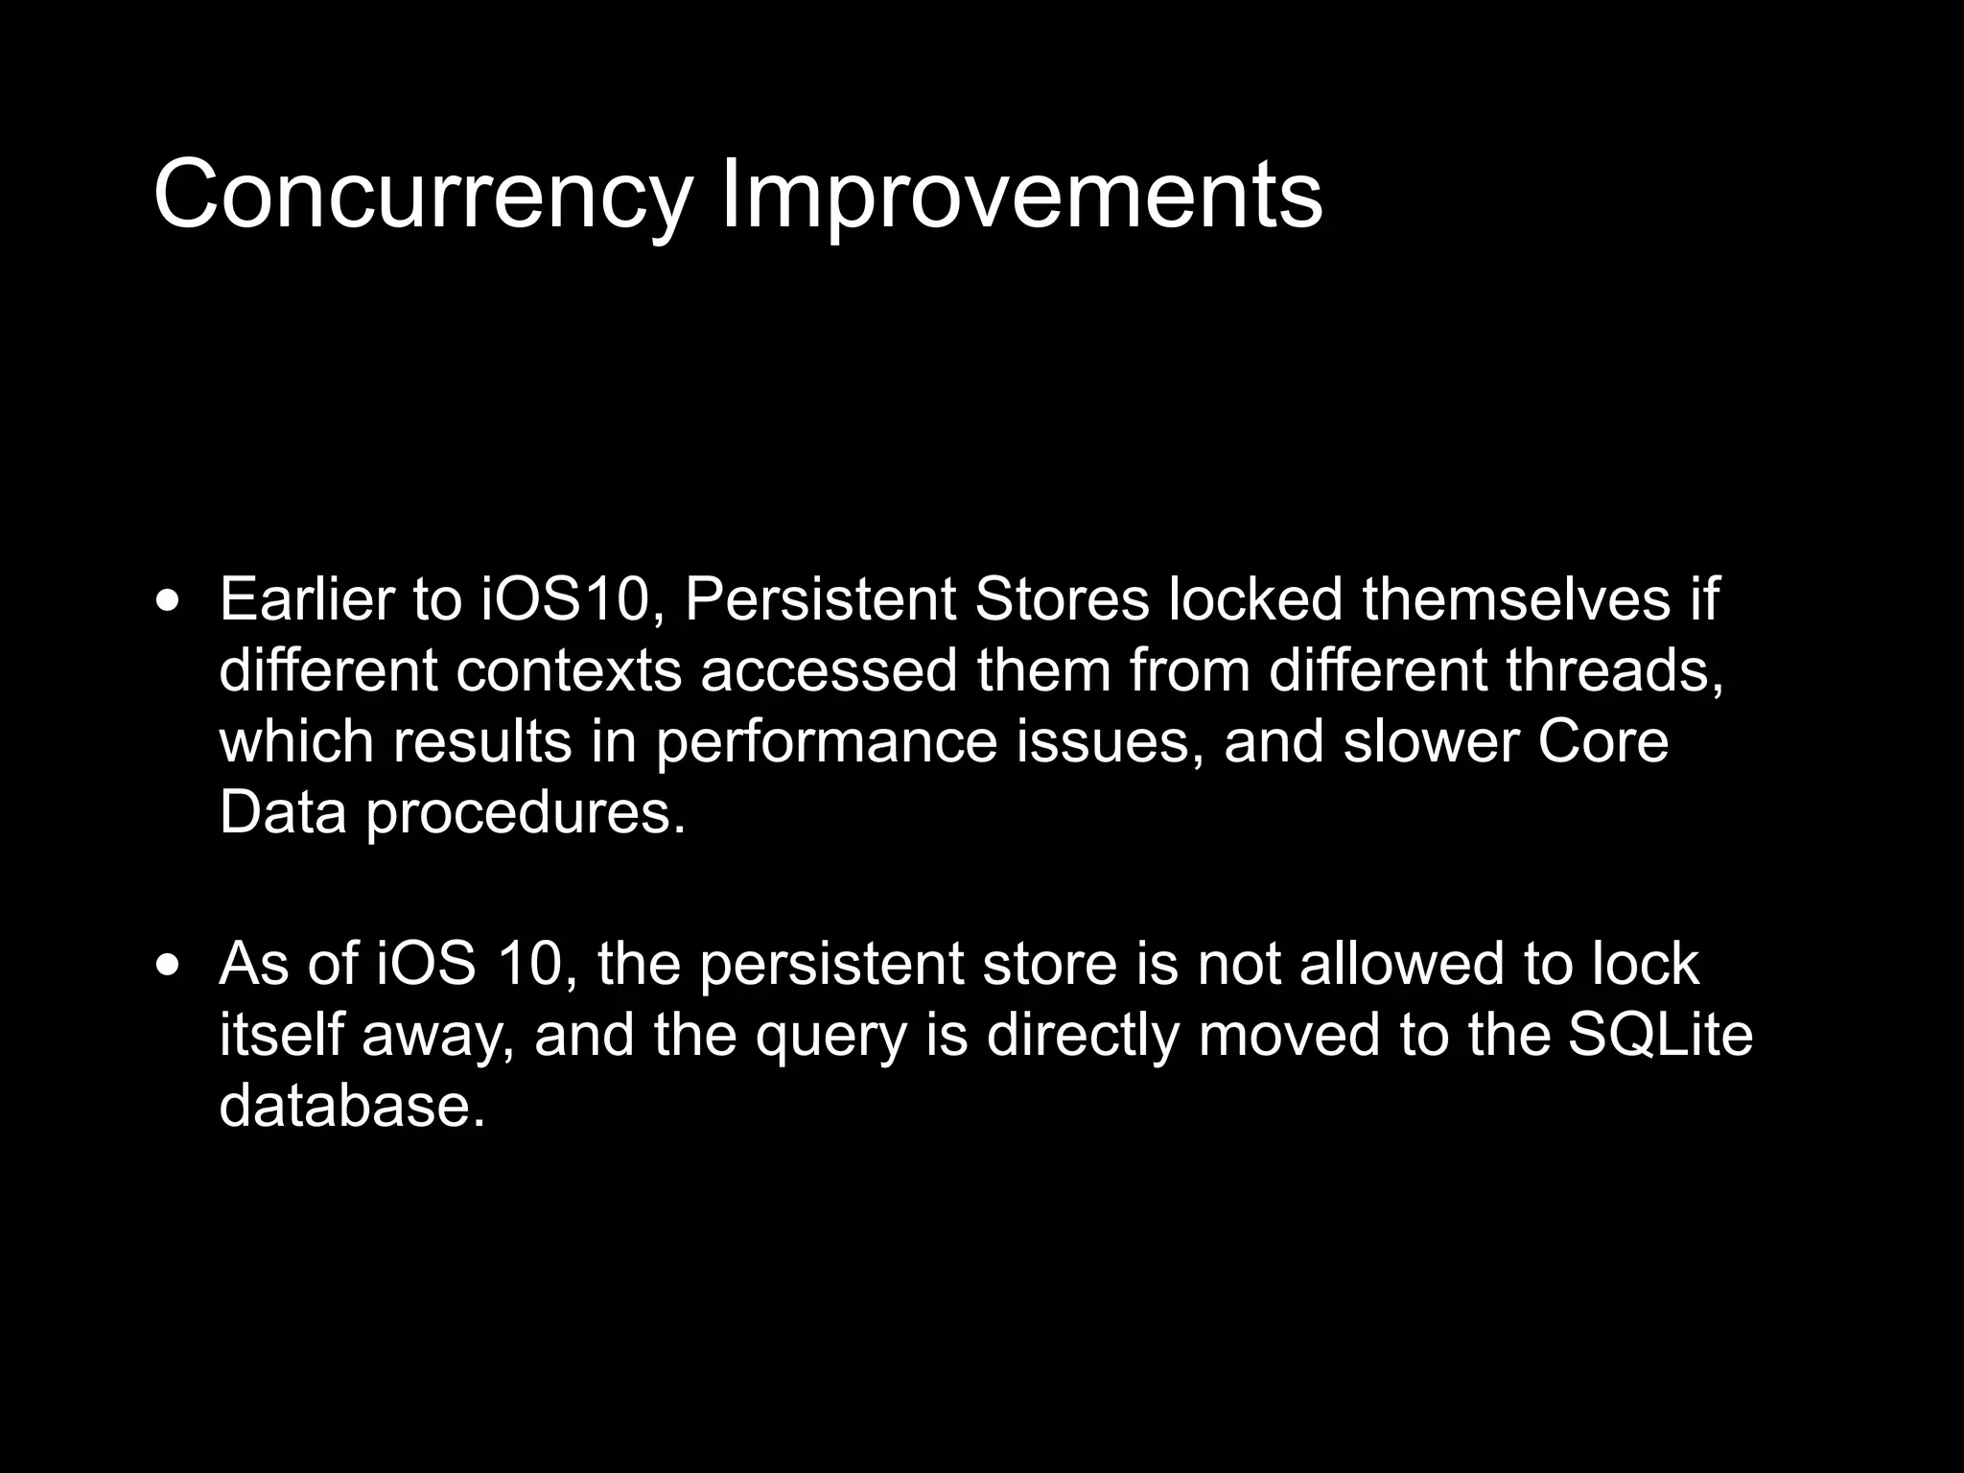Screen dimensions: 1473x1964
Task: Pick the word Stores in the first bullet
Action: pyautogui.click(x=1061, y=599)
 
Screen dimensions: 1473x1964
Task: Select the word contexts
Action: pyautogui.click(x=569, y=670)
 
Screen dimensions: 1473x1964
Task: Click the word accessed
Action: pyautogui.click(x=829, y=670)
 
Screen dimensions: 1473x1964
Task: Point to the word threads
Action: pyautogui.click(x=1615, y=670)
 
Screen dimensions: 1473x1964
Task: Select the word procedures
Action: pyautogui.click(x=526, y=814)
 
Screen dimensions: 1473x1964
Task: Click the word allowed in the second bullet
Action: pyautogui.click(x=1402, y=963)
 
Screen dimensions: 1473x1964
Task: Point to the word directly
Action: pyautogui.click(x=1082, y=1036)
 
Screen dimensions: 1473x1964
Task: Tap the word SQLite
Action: pyautogui.click(x=1660, y=1034)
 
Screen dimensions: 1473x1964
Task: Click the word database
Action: pyautogui.click(x=352, y=1105)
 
